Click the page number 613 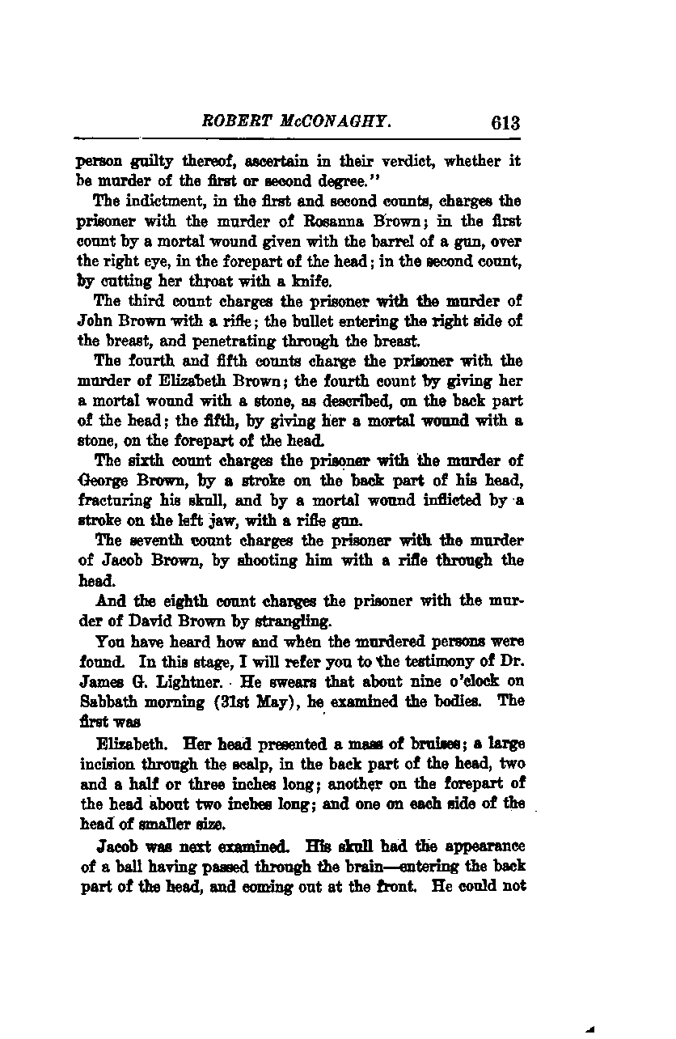click(x=503, y=123)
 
